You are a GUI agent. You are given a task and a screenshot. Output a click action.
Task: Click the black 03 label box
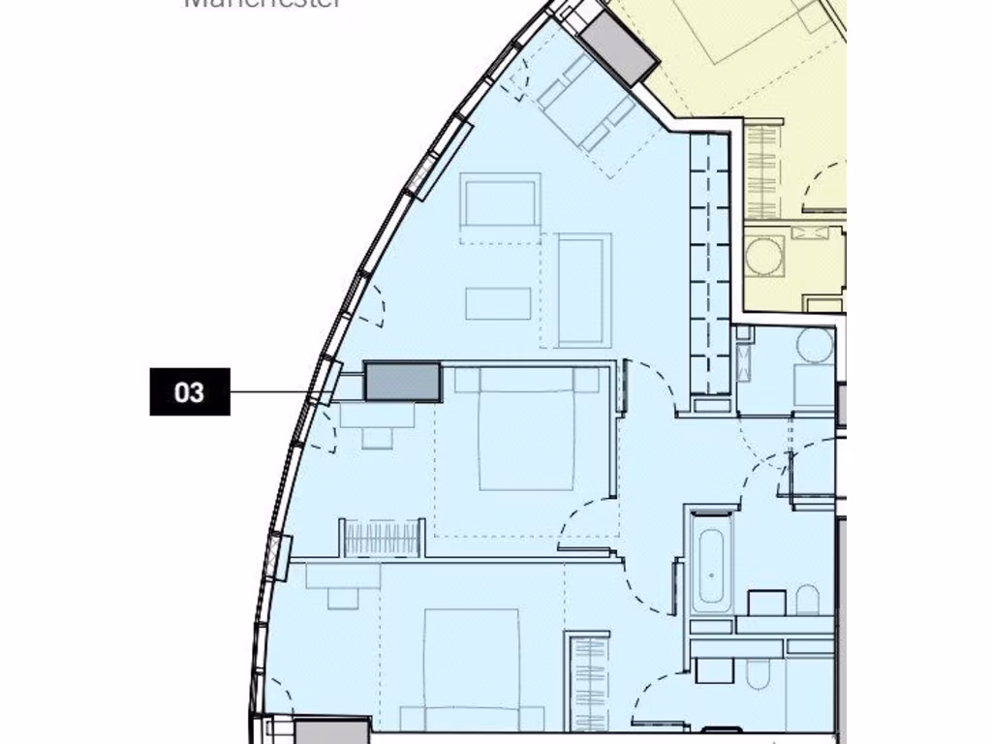(x=190, y=391)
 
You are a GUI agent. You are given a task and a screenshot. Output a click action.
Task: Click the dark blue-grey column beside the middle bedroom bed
(x=402, y=381)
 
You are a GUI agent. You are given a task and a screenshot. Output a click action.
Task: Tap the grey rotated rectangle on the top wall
(x=619, y=48)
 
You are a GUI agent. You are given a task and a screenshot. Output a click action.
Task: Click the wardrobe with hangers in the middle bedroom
(x=382, y=538)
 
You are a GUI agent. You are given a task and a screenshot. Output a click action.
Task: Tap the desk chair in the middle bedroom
(x=377, y=437)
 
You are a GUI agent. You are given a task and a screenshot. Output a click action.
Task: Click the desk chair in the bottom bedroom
(x=343, y=599)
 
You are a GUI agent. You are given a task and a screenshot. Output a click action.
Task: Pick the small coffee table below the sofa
(x=498, y=303)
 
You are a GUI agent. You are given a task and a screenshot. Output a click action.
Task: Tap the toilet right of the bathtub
(x=807, y=600)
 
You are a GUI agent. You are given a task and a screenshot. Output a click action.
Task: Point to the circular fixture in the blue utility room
(x=815, y=346)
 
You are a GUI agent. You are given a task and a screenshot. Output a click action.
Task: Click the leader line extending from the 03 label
(x=276, y=392)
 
